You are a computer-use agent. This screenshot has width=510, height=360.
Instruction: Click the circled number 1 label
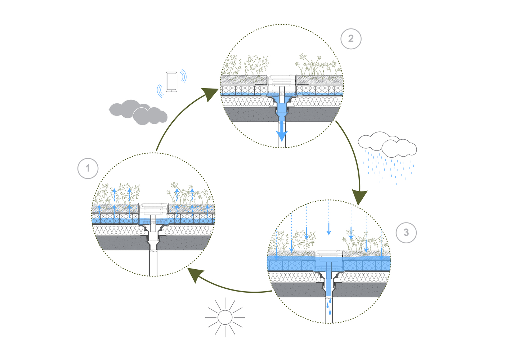click(x=88, y=168)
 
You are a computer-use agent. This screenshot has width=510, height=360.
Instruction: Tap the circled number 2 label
click(x=351, y=39)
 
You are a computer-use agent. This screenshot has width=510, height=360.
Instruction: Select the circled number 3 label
click(x=406, y=233)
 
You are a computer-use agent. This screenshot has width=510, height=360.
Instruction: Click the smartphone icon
click(x=171, y=82)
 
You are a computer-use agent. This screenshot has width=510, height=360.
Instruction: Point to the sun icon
click(x=225, y=318)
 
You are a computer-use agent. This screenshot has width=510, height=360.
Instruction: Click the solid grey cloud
click(x=138, y=112)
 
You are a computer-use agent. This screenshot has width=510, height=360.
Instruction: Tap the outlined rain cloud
click(x=388, y=145)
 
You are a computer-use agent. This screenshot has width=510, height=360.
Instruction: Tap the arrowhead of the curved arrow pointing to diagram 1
click(x=193, y=275)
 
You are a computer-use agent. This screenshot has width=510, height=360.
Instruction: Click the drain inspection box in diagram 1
click(x=153, y=209)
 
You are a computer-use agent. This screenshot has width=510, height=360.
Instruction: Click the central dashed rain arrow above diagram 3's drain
click(x=328, y=218)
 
